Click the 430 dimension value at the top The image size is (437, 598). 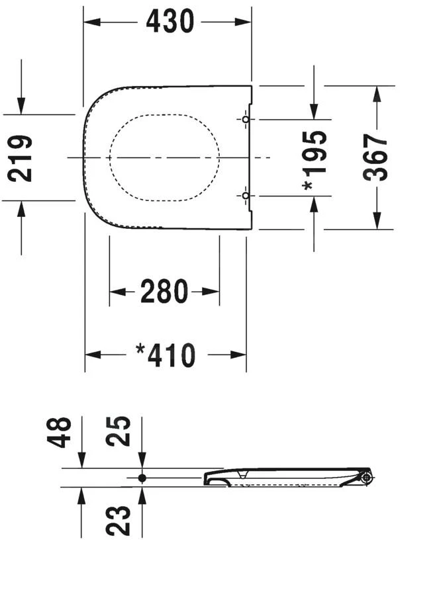170,22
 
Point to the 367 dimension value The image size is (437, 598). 377,158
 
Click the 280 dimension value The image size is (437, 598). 164,292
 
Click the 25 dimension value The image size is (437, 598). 122,432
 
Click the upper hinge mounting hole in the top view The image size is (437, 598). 245,120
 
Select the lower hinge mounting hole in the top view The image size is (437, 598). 245,196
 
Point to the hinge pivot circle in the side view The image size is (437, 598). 366,478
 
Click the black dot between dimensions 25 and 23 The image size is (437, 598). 142,478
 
